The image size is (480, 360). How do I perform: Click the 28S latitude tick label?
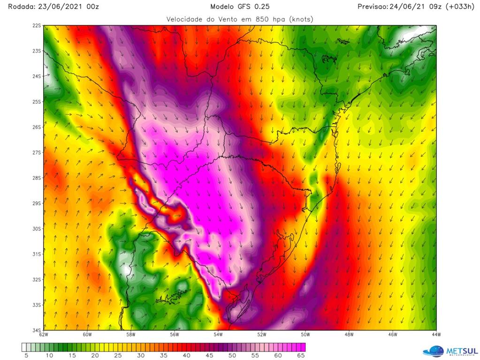(37, 178)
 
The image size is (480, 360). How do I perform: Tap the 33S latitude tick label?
(37, 305)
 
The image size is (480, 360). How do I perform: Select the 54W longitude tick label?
(218, 335)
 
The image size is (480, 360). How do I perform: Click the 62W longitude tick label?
(44, 335)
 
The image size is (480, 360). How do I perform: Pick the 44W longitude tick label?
(436, 335)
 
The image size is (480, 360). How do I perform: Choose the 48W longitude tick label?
(349, 335)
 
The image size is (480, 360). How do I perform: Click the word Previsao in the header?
(372, 7)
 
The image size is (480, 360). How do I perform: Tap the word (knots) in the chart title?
(301, 19)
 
